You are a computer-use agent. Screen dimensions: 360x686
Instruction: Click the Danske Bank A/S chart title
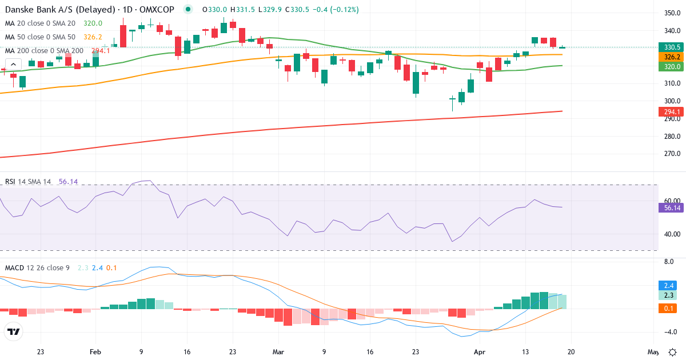[x=91, y=10]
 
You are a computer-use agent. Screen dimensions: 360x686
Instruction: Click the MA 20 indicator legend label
[x=40, y=23]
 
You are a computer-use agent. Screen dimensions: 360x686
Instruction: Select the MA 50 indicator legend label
[x=40, y=37]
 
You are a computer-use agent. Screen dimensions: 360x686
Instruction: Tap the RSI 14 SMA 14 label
[x=28, y=182]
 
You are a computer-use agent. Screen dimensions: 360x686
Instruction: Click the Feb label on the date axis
[x=95, y=352]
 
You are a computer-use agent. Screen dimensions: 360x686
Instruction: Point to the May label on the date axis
[x=653, y=352]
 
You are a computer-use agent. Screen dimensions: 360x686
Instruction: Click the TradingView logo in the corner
[x=14, y=331]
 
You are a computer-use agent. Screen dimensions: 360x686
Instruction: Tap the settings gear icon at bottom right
[x=673, y=352]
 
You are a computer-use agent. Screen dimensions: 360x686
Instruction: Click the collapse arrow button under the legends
[x=14, y=65]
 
